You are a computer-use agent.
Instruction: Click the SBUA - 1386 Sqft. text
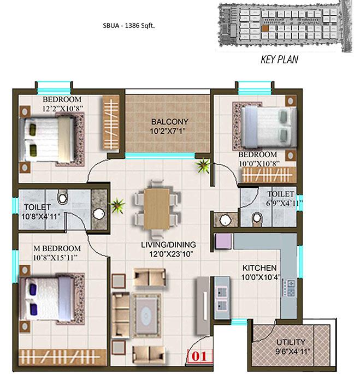[x=129, y=26]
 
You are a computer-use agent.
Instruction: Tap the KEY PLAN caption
[x=279, y=60]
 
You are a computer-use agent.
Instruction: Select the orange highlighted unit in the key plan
[x=265, y=28]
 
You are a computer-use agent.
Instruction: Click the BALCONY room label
[x=170, y=122]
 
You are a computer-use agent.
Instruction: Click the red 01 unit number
[x=199, y=357]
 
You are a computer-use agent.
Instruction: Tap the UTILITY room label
[x=291, y=342]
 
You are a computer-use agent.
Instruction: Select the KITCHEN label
[x=259, y=268]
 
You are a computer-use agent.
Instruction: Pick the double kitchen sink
[x=222, y=298]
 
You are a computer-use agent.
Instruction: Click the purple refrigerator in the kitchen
[x=223, y=241]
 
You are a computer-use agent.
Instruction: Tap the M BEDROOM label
[x=57, y=248]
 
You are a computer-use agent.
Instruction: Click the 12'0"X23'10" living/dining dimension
[x=171, y=254]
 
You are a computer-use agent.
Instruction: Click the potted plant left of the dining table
[x=117, y=206]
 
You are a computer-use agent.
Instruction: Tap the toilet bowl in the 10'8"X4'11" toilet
[x=62, y=197]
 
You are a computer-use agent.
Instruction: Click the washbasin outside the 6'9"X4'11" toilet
[x=225, y=220]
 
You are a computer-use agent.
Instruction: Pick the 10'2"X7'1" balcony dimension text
[x=168, y=132]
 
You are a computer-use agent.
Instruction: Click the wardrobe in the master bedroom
[x=62, y=357]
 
